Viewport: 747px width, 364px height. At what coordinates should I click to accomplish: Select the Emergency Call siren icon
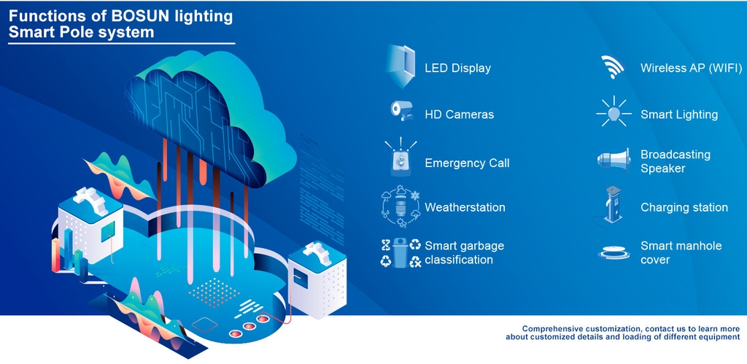click(400, 159)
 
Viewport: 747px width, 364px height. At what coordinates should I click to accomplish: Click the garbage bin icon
click(400, 252)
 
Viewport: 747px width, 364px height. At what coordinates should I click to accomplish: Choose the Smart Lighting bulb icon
click(614, 113)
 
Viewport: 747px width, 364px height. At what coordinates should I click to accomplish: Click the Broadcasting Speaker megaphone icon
click(614, 160)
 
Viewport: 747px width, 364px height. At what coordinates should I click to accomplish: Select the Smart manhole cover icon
click(614, 252)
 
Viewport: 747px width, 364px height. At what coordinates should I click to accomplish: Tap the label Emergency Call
click(467, 163)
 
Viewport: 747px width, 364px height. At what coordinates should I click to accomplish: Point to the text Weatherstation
click(465, 207)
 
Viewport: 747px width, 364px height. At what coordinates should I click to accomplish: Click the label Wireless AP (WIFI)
click(691, 68)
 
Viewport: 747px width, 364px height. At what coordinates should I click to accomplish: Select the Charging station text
click(684, 207)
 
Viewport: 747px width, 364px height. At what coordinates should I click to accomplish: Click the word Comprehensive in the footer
click(558, 328)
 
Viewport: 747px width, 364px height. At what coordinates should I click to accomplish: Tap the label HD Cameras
click(459, 115)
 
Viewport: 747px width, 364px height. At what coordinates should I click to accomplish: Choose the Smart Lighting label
click(679, 115)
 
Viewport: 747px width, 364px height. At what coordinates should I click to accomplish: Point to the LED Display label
click(457, 68)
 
